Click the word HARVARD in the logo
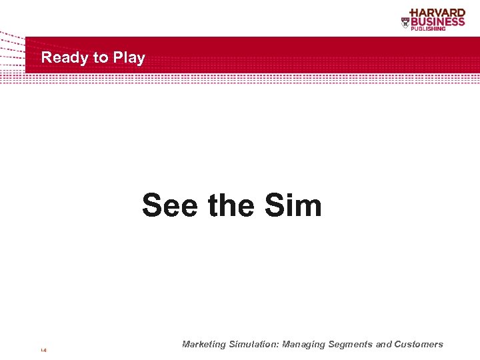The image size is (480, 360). (x=438, y=13)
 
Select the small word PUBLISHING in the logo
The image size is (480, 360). (x=446, y=29)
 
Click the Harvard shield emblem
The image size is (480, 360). (x=405, y=22)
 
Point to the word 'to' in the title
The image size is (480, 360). (x=101, y=58)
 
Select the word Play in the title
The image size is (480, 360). (x=129, y=58)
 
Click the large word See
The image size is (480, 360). (x=169, y=205)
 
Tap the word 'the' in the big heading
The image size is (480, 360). (x=231, y=205)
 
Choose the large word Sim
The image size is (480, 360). (x=293, y=205)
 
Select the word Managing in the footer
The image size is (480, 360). (x=304, y=345)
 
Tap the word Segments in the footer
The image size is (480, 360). (x=351, y=345)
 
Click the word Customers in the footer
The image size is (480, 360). (x=419, y=345)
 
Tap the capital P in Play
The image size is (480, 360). (x=118, y=58)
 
